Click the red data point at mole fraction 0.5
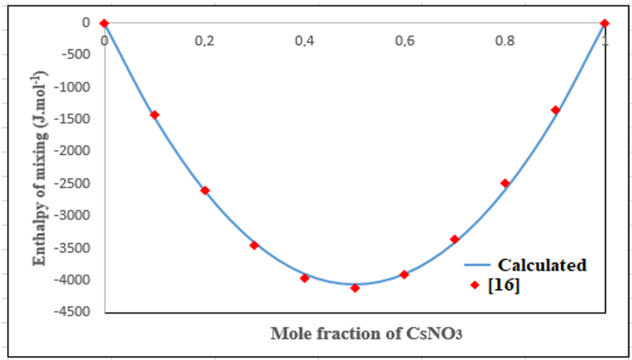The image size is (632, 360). click(x=355, y=287)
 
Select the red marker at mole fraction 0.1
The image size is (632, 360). click(x=155, y=114)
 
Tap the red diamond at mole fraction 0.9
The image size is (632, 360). click(x=555, y=110)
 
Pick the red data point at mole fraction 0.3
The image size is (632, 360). click(x=254, y=245)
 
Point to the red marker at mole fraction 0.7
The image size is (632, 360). click(x=454, y=239)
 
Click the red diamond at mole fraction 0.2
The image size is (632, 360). click(x=205, y=190)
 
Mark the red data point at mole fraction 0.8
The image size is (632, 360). click(x=505, y=183)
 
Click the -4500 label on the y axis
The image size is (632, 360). click(x=73, y=312)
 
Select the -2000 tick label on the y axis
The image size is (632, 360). click(x=73, y=151)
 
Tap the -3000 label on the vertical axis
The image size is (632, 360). click(x=73, y=216)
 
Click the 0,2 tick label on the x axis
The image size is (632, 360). click(x=204, y=40)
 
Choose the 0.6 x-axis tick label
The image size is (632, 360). click(x=406, y=40)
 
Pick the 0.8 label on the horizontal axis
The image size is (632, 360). click(x=506, y=40)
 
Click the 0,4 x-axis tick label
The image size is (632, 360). click(x=305, y=40)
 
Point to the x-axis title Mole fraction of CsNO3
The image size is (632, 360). click(x=366, y=333)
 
